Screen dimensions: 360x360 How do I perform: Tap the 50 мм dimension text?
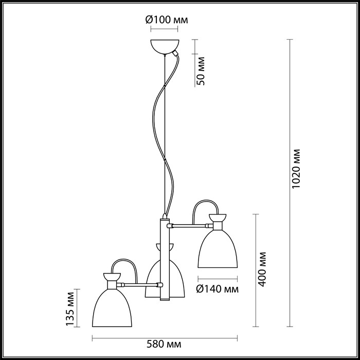click(x=201, y=72)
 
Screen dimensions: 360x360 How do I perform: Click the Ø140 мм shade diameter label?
click(x=218, y=289)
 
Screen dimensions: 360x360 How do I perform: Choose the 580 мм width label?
click(x=166, y=343)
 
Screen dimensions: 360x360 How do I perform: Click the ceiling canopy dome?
click(x=165, y=45)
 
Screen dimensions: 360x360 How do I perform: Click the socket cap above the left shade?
click(x=111, y=279)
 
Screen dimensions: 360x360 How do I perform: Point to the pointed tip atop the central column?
click(x=164, y=214)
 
